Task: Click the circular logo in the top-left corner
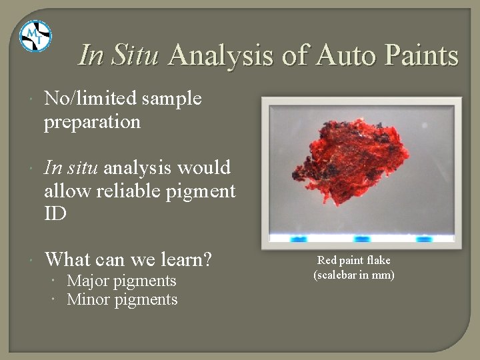(x=35, y=36)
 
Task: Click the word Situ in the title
(x=135, y=55)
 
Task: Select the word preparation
(x=92, y=123)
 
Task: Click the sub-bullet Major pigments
(x=121, y=281)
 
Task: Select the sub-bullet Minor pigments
(x=122, y=300)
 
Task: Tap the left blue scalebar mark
(x=298, y=238)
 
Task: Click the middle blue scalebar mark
(x=361, y=238)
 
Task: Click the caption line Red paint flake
(x=353, y=261)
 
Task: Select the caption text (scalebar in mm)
(x=353, y=275)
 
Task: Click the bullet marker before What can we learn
(x=33, y=259)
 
